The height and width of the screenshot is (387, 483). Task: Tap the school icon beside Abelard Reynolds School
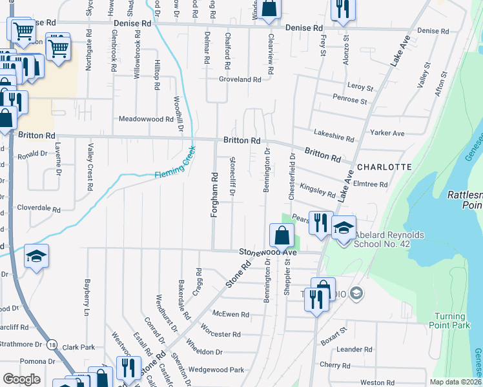click(344, 226)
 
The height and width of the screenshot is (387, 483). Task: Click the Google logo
click(21, 379)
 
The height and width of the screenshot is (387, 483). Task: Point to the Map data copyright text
click(455, 382)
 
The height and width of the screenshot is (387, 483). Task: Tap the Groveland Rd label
click(240, 79)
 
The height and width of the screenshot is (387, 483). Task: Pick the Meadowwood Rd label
click(146, 119)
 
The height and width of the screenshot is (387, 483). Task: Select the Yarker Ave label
click(387, 133)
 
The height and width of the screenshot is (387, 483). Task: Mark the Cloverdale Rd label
click(38, 210)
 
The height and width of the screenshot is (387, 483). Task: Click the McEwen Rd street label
click(231, 314)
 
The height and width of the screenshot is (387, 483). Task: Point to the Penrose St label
click(350, 101)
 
